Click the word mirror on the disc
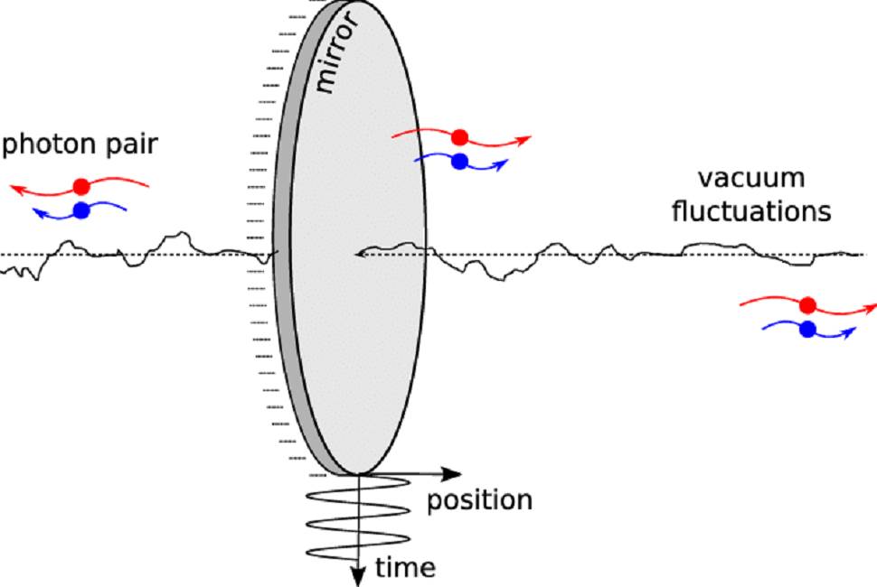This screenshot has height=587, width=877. (x=336, y=52)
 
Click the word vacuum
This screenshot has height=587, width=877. (x=751, y=178)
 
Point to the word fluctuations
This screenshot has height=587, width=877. (x=751, y=211)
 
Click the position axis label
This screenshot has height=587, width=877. (x=479, y=499)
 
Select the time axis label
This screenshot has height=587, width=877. (x=405, y=567)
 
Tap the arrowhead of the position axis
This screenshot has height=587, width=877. (x=451, y=475)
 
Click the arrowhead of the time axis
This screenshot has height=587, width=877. (x=358, y=576)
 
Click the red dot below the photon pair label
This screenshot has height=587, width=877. (x=81, y=187)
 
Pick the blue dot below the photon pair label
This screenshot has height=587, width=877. (x=81, y=210)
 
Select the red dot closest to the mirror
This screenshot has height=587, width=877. (x=460, y=137)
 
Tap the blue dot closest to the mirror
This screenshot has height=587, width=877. (x=460, y=162)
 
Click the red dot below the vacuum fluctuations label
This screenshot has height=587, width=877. (x=807, y=305)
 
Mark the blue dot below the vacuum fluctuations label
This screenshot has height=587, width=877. (x=807, y=330)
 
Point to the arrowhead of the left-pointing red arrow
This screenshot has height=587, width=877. (x=16, y=190)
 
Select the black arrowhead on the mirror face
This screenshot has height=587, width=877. (x=360, y=255)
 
